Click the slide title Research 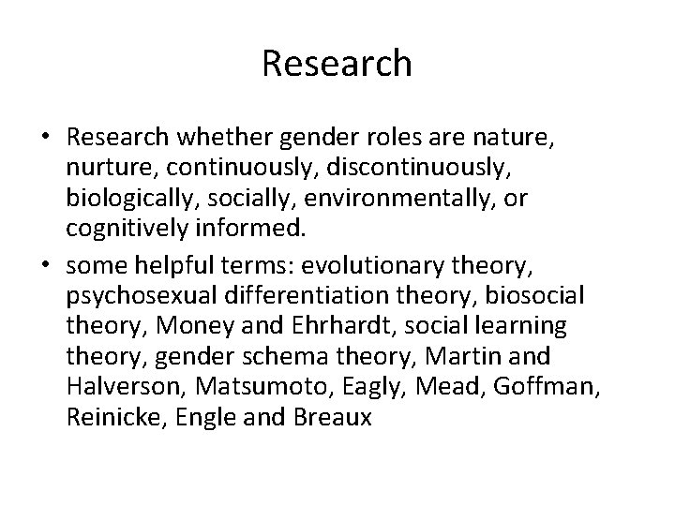point(337,64)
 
